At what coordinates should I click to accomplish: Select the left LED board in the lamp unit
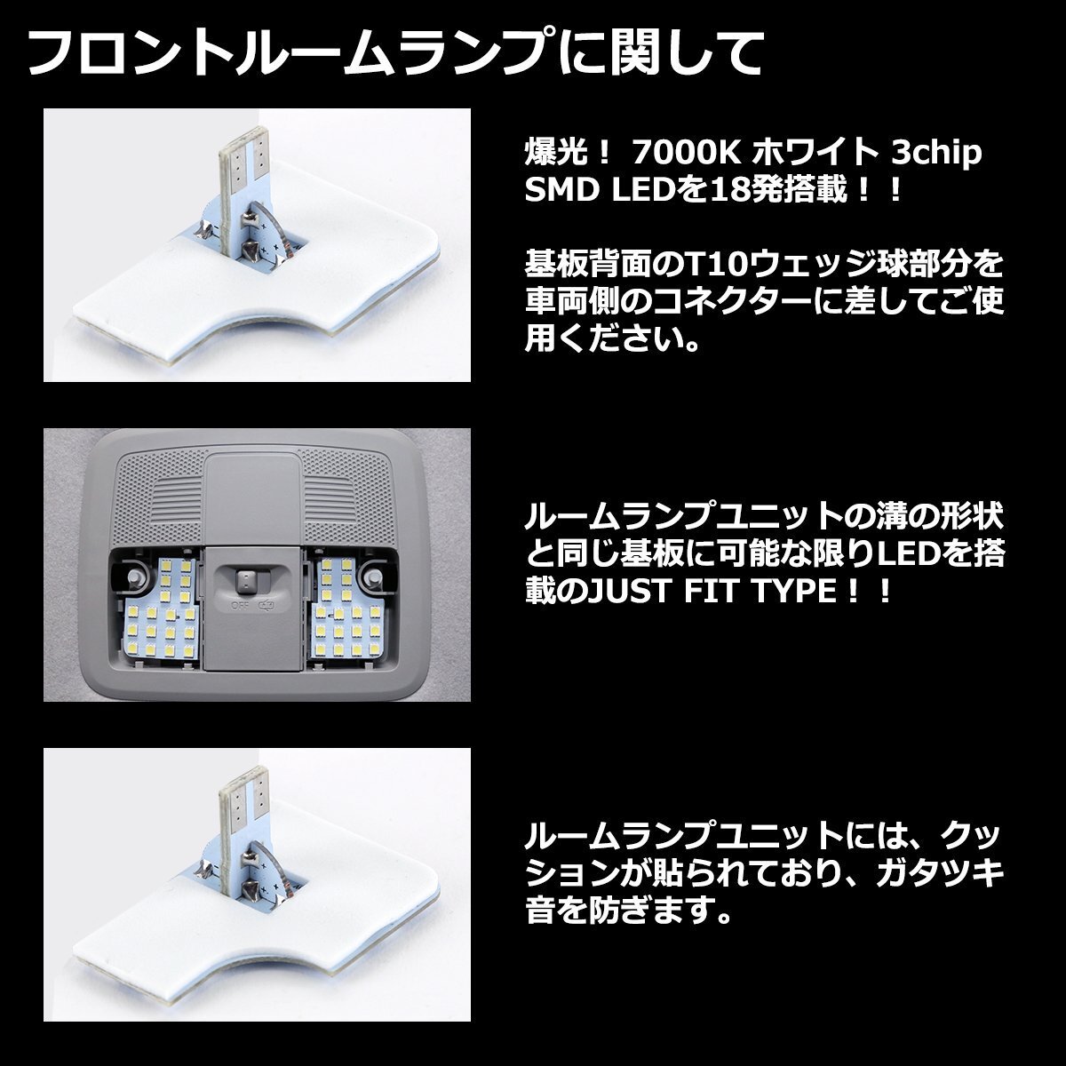[x=163, y=609]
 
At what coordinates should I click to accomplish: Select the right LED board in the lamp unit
[x=344, y=609]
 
